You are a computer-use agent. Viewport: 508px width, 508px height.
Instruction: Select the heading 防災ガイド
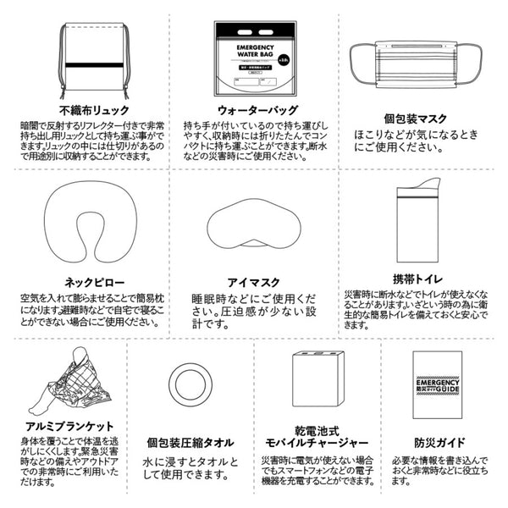437,442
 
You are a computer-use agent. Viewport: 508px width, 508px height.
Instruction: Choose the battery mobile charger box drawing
317,382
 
